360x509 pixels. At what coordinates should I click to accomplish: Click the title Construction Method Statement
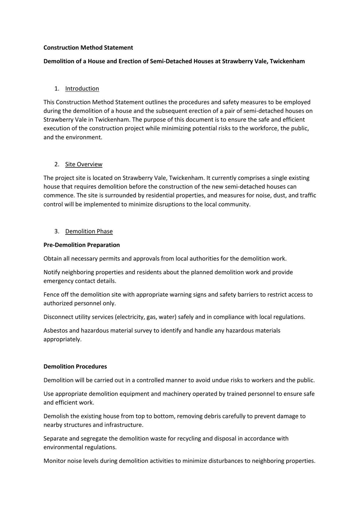[x=88, y=47]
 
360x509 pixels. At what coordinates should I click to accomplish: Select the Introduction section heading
[x=82, y=88]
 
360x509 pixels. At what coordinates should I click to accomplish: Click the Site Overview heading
[x=84, y=164]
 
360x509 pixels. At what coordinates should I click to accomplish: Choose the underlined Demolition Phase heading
[x=89, y=231]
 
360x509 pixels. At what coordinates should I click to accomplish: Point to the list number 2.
[x=57, y=164]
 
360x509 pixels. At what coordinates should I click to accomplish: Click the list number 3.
[x=57, y=231]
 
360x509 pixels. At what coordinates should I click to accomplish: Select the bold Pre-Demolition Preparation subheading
[x=81, y=245]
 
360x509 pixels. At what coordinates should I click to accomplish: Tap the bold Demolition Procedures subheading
[x=75, y=366]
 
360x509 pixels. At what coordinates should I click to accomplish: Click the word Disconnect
[x=58, y=317]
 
